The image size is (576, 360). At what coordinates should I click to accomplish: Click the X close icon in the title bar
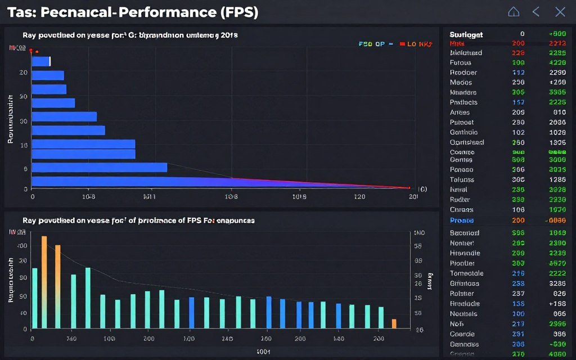tap(560, 12)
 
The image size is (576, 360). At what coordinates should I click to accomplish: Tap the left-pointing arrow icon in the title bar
tap(536, 12)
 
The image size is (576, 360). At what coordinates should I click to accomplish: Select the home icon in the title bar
tap(513, 12)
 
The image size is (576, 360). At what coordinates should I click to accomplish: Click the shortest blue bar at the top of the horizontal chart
tap(41, 61)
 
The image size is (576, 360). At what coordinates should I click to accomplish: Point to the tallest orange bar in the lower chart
tap(44, 282)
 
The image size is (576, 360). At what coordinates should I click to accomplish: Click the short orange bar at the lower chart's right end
tap(394, 323)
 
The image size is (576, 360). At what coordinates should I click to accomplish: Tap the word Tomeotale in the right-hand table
tap(466, 273)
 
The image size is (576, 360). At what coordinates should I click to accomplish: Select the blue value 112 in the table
tap(518, 73)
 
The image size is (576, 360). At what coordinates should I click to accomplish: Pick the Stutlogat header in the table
tap(466, 34)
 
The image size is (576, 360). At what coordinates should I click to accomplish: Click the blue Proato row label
tap(462, 220)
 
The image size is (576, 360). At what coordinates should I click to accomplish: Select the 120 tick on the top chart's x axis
tap(359, 197)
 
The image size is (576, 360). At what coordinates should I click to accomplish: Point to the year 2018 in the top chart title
tap(228, 35)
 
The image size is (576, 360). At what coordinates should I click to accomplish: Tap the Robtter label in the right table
tap(462, 294)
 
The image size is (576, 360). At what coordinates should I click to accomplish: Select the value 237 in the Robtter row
tap(518, 294)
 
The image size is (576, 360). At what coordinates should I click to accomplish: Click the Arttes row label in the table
tap(460, 112)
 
